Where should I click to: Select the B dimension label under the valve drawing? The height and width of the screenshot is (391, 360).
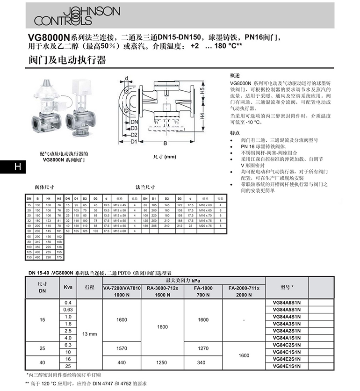[x=165, y=143]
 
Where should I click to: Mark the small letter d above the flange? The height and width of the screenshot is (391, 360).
[x=126, y=78]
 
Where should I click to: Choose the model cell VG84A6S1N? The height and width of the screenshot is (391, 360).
[x=287, y=303]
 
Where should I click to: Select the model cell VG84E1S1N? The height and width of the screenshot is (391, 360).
[x=287, y=365]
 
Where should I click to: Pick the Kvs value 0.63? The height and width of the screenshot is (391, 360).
[x=68, y=310]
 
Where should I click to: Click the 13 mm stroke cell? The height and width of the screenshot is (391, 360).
[x=89, y=334]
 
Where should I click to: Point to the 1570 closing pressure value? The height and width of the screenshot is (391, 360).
[x=121, y=348]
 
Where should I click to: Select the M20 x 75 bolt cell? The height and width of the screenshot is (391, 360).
[x=203, y=225]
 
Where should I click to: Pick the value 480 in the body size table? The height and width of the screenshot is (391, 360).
[x=38, y=257]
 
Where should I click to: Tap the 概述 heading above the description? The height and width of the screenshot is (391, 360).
[x=235, y=76]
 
